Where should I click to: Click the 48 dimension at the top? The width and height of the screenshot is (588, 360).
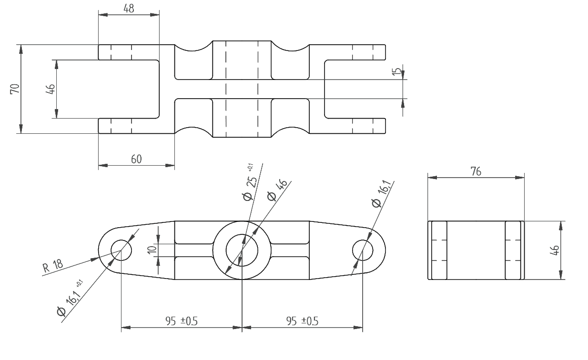click(x=128, y=8)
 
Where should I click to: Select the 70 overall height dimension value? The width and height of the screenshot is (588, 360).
click(x=15, y=89)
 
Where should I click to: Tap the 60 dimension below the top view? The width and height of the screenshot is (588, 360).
click(x=136, y=159)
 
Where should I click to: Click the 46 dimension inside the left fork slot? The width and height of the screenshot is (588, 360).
click(x=50, y=89)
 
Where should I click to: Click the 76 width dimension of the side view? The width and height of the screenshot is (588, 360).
click(x=476, y=171)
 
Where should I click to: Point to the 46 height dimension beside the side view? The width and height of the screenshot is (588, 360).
click(x=554, y=250)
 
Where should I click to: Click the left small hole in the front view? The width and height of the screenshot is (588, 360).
click(x=121, y=249)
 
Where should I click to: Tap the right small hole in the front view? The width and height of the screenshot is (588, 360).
click(x=363, y=250)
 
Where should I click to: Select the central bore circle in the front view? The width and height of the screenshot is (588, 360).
click(x=242, y=250)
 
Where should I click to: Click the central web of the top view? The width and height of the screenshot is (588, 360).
click(x=242, y=89)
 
